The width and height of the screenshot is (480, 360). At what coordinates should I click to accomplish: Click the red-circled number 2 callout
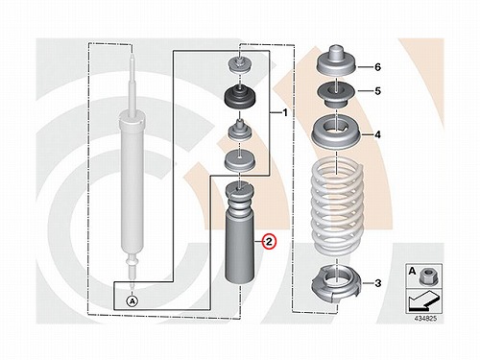pos(269,242)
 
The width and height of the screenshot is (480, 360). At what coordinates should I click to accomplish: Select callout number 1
pos(285,112)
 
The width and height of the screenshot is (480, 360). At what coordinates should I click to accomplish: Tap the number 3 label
pos(378,283)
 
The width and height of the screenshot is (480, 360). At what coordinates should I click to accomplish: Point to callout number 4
pos(378,134)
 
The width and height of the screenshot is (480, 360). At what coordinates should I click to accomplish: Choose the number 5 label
pos(378,91)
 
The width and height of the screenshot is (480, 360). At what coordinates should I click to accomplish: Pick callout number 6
pos(378,67)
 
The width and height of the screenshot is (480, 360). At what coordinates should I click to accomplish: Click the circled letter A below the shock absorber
pos(132,301)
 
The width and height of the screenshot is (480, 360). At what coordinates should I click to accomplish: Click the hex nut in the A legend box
pos(426,276)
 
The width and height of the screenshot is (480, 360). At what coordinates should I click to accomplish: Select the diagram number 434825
pos(425,319)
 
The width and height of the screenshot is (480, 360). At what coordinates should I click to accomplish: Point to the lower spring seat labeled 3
pos(336,285)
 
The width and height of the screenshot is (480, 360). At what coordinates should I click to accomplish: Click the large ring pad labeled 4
pos(337,132)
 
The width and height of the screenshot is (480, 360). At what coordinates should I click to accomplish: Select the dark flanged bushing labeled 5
pos(337,95)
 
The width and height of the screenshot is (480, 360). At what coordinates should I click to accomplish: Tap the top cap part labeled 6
pos(337,61)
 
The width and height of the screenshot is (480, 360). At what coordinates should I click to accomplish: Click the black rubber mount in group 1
pos(240,97)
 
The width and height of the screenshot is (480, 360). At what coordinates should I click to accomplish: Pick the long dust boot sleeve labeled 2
pos(240,232)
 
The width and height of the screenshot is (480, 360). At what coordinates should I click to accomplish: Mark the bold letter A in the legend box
pos(413,272)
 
